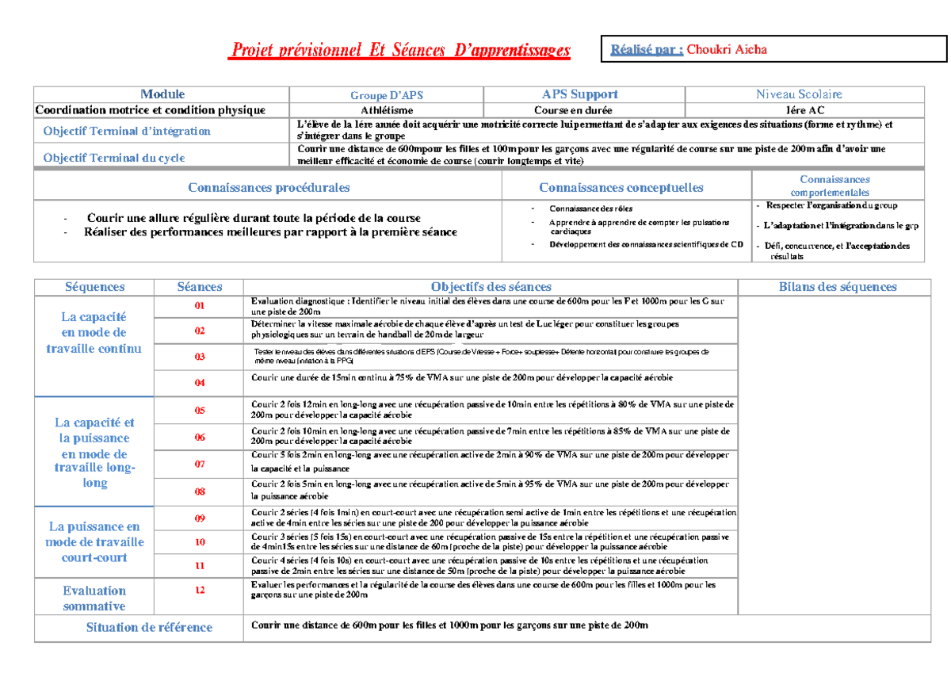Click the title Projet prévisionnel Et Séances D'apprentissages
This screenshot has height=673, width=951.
click(x=399, y=51)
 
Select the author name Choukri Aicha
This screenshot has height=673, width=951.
click(x=726, y=49)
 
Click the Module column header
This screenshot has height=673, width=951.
click(x=162, y=94)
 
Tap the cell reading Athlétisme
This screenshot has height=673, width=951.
click(x=387, y=110)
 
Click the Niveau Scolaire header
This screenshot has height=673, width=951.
click(x=799, y=94)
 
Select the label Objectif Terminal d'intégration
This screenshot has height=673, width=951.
click(x=127, y=131)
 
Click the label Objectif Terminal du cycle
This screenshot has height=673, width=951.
click(x=114, y=157)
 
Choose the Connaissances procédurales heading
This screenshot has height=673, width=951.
click(x=269, y=188)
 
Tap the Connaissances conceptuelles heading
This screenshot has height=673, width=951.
click(x=621, y=188)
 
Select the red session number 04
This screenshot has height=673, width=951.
click(x=200, y=383)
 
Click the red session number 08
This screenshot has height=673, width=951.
click(x=200, y=491)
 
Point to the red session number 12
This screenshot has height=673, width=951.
click(x=200, y=590)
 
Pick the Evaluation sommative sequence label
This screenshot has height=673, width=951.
click(x=94, y=598)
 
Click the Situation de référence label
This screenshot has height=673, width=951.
click(x=149, y=627)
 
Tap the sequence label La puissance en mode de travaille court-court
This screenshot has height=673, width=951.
click(x=94, y=542)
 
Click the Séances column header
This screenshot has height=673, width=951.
click(x=200, y=287)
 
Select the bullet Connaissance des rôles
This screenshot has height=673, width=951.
click(x=583, y=208)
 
